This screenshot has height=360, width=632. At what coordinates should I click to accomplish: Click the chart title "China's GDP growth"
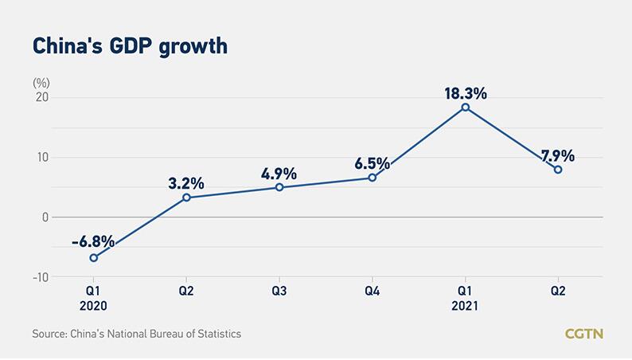click(x=130, y=45)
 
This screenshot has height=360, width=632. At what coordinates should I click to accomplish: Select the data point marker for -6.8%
click(x=94, y=257)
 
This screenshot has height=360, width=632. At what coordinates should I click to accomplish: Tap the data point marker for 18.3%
click(x=465, y=108)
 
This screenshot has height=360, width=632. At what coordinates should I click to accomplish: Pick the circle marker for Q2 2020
click(x=186, y=198)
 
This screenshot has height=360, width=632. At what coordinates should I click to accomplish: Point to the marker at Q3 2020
click(x=279, y=187)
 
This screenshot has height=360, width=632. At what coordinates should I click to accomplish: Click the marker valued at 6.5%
click(x=372, y=178)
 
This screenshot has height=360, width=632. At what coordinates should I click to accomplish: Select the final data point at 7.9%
click(x=558, y=169)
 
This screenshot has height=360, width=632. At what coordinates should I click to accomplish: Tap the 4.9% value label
click(x=279, y=174)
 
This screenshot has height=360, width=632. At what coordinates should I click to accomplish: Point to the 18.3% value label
click(x=465, y=92)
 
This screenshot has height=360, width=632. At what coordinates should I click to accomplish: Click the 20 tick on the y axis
click(x=41, y=97)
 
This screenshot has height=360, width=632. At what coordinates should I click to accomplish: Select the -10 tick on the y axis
click(x=38, y=276)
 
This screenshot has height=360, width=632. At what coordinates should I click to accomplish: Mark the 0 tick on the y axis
click(x=45, y=217)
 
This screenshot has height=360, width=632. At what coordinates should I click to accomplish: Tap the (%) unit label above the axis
click(x=41, y=82)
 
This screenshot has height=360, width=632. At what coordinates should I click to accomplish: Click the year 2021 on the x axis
click(x=465, y=305)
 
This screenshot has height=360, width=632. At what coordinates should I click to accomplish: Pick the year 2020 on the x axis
click(x=93, y=305)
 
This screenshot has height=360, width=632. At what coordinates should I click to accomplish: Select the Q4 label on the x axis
click(x=372, y=292)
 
